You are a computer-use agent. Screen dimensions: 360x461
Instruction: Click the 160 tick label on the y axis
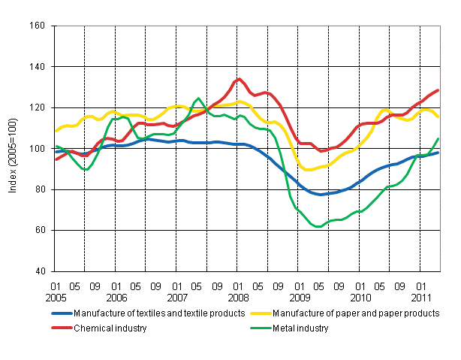pyautogui.click(x=37, y=26)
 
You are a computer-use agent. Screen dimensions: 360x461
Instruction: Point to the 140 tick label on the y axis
pyautogui.click(x=37, y=67)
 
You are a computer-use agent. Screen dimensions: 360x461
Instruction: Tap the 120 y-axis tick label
pyautogui.click(x=37, y=108)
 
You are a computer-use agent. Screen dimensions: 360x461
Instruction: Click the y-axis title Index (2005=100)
pyautogui.click(x=14, y=148)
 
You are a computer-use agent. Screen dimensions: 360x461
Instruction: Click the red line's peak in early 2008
pyautogui.click(x=239, y=79)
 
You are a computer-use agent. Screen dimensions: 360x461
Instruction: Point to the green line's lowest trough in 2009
pyautogui.click(x=318, y=226)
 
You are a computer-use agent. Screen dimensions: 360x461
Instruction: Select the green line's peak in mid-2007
pyautogui.click(x=198, y=99)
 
